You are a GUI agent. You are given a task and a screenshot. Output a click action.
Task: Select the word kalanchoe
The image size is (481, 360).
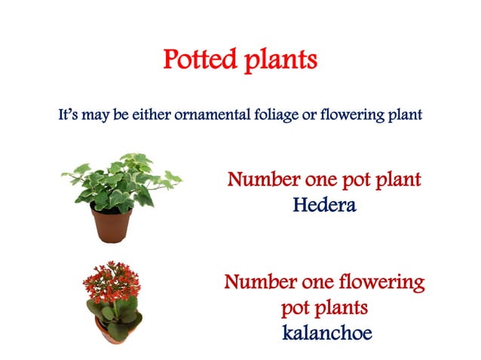tap(327, 332)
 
